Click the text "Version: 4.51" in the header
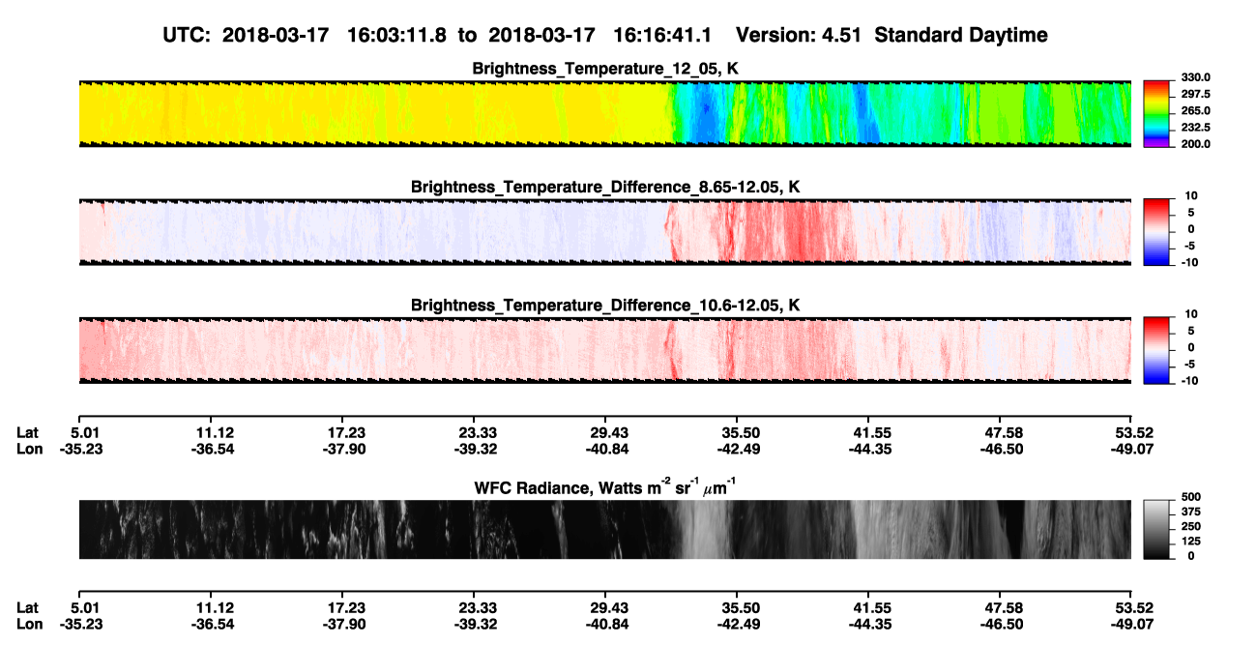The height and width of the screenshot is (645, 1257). tap(798, 36)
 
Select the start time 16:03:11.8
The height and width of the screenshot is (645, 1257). tap(396, 36)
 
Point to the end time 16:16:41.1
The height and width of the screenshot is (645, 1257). tap(662, 36)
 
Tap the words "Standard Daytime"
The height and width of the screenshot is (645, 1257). tap(961, 36)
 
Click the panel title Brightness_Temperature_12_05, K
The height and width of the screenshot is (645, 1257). tap(605, 69)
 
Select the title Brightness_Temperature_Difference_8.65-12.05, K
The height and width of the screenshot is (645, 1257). tap(605, 187)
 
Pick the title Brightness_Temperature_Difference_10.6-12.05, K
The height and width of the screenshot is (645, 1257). tap(605, 306)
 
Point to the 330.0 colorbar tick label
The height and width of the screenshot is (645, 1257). tap(1195, 77)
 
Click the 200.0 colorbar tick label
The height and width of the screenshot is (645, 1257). tap(1195, 144)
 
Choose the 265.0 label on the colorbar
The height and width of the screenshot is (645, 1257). tap(1195, 110)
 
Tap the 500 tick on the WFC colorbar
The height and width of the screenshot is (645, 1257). tap(1191, 497)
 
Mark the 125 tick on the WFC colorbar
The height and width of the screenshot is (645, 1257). tap(1191, 542)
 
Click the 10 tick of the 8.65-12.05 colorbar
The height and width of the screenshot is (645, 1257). tap(1191, 196)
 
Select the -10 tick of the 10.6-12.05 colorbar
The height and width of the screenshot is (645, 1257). tap(1188, 381)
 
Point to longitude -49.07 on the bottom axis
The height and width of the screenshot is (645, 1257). tap(1132, 624)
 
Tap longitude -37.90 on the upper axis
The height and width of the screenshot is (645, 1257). tap(344, 449)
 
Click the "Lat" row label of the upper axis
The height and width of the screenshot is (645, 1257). tap(27, 433)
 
